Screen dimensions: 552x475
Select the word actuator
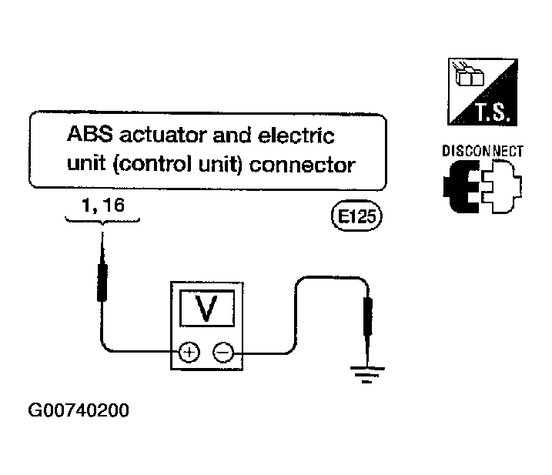tap(163, 135)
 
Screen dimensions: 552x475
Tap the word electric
tap(296, 135)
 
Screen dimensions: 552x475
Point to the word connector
tap(303, 166)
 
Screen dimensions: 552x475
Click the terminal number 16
tap(114, 205)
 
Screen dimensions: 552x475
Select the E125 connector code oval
tap(356, 216)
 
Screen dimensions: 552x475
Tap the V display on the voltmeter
tap(207, 308)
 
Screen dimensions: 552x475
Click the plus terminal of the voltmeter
tap(189, 352)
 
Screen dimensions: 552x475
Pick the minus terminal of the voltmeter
tap(223, 352)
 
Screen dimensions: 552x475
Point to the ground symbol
tap(367, 374)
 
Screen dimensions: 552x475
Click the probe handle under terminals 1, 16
tap(102, 283)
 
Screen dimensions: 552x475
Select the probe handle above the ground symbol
tap(368, 316)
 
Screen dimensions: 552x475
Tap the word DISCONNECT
tap(483, 151)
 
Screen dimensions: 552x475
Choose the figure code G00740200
tap(79, 410)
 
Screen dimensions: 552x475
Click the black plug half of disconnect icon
tap(462, 186)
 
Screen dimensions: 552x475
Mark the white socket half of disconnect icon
tap(502, 186)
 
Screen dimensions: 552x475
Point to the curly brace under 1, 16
tap(102, 222)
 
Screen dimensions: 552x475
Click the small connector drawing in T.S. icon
tap(469, 74)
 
